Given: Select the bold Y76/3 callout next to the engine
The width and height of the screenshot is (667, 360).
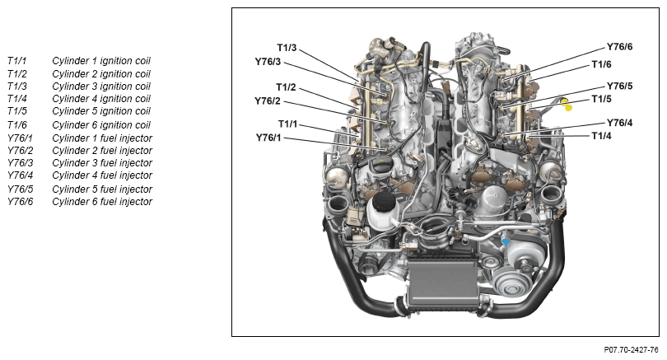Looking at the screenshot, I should (x=268, y=62).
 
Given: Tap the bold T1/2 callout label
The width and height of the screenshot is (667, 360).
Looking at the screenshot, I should (x=286, y=86).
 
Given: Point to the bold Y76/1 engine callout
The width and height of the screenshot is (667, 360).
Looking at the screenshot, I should (x=268, y=138).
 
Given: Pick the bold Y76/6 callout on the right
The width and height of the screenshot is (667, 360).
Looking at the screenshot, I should (x=619, y=47).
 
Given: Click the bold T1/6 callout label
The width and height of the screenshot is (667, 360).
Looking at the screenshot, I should (x=602, y=64).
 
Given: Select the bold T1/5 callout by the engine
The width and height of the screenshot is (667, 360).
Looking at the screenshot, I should (x=602, y=99).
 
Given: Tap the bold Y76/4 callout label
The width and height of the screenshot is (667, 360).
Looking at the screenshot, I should (x=619, y=123).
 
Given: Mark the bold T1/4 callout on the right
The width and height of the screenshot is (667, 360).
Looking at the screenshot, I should (x=602, y=136).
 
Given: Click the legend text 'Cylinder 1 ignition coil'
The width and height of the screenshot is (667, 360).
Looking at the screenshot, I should (x=100, y=61).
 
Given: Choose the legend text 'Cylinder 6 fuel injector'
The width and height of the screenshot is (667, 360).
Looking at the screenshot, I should (x=102, y=202).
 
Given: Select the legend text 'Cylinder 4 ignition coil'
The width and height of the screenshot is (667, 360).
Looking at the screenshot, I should (x=100, y=99).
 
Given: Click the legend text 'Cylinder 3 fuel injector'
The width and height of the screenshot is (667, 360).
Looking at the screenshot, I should (x=102, y=163).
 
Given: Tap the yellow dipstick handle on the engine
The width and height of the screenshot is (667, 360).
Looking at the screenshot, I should (x=567, y=104).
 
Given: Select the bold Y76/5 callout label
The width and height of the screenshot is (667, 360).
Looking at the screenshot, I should (x=619, y=86).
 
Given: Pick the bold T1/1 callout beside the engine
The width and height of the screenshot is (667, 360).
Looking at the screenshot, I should (x=288, y=124).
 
